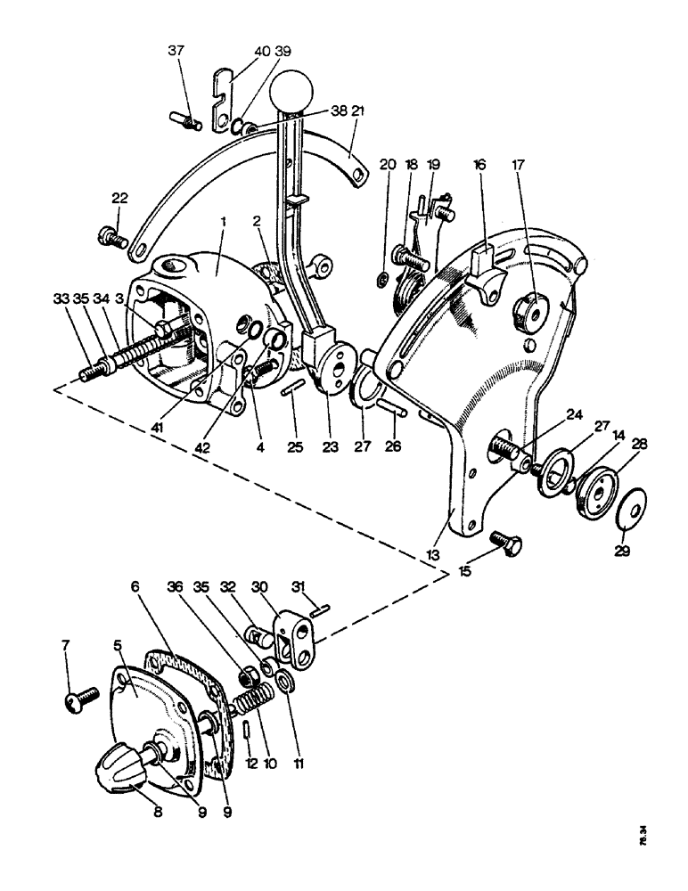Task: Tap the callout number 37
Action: click(175, 51)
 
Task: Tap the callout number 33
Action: click(61, 300)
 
